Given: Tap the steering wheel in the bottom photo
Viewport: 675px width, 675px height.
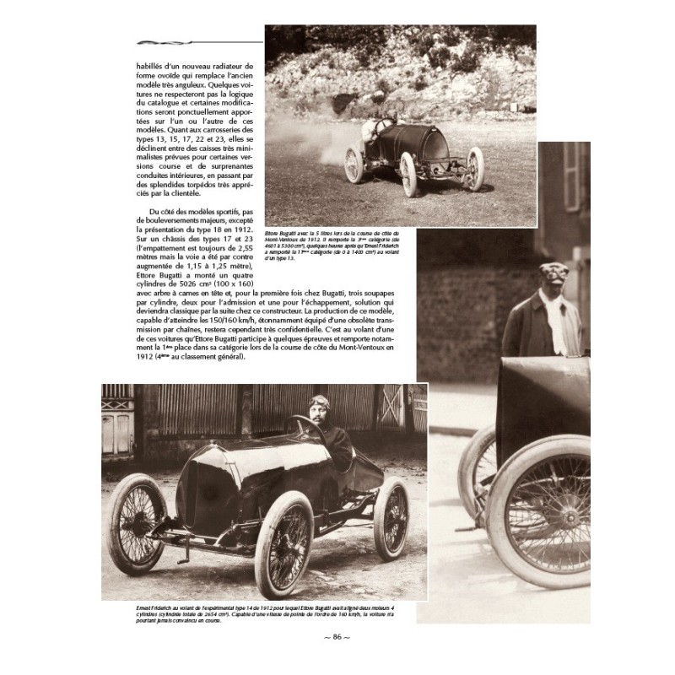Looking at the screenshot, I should pyautogui.click(x=303, y=429).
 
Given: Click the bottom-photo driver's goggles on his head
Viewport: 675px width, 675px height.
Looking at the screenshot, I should pyautogui.click(x=320, y=401).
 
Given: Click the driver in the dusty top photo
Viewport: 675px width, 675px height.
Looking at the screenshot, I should pyautogui.click(x=382, y=127).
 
